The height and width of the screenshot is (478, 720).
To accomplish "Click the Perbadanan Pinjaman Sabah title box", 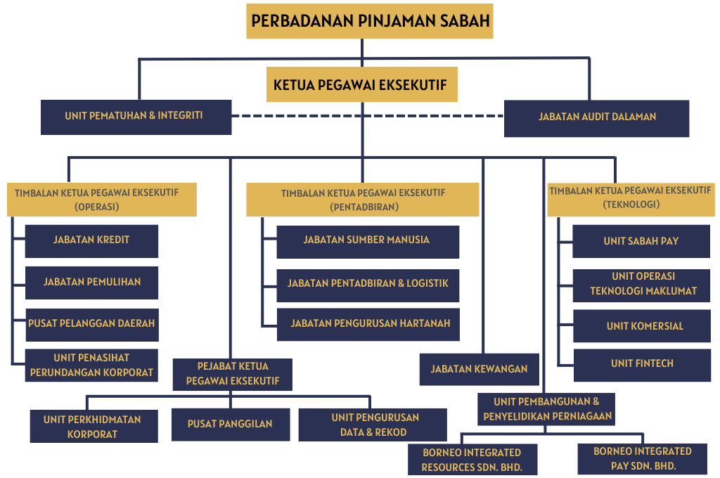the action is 370,21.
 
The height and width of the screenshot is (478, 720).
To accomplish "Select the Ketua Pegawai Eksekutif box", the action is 362,84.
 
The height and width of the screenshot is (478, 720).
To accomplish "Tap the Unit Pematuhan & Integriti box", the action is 136,117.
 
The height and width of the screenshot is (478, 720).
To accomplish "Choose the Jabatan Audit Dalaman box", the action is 596,119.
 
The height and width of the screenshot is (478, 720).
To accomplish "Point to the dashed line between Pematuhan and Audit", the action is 368,116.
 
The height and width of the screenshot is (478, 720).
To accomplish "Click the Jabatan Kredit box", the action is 91,241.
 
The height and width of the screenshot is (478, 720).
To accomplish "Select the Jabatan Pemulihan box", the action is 92,283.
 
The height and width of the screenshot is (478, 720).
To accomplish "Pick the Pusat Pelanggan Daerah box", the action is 92,325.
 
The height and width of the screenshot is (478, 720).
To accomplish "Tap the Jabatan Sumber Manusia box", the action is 368,242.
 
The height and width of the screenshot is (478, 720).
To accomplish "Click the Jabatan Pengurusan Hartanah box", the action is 368,325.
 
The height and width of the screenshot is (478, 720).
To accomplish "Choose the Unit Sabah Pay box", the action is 641,241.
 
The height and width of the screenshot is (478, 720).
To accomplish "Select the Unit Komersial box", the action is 642,326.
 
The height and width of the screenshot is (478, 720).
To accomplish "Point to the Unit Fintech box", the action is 642,366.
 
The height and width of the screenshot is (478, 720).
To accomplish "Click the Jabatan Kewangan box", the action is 480,369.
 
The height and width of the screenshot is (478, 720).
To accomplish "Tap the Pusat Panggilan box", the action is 231,425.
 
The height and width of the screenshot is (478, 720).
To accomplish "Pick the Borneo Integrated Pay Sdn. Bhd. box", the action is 643,459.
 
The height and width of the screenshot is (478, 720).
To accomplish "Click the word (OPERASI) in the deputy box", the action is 97,207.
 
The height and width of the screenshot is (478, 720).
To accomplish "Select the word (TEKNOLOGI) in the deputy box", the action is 631,205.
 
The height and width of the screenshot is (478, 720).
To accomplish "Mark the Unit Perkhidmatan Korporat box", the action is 94,426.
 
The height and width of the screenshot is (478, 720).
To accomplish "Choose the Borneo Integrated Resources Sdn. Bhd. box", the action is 472,459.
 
